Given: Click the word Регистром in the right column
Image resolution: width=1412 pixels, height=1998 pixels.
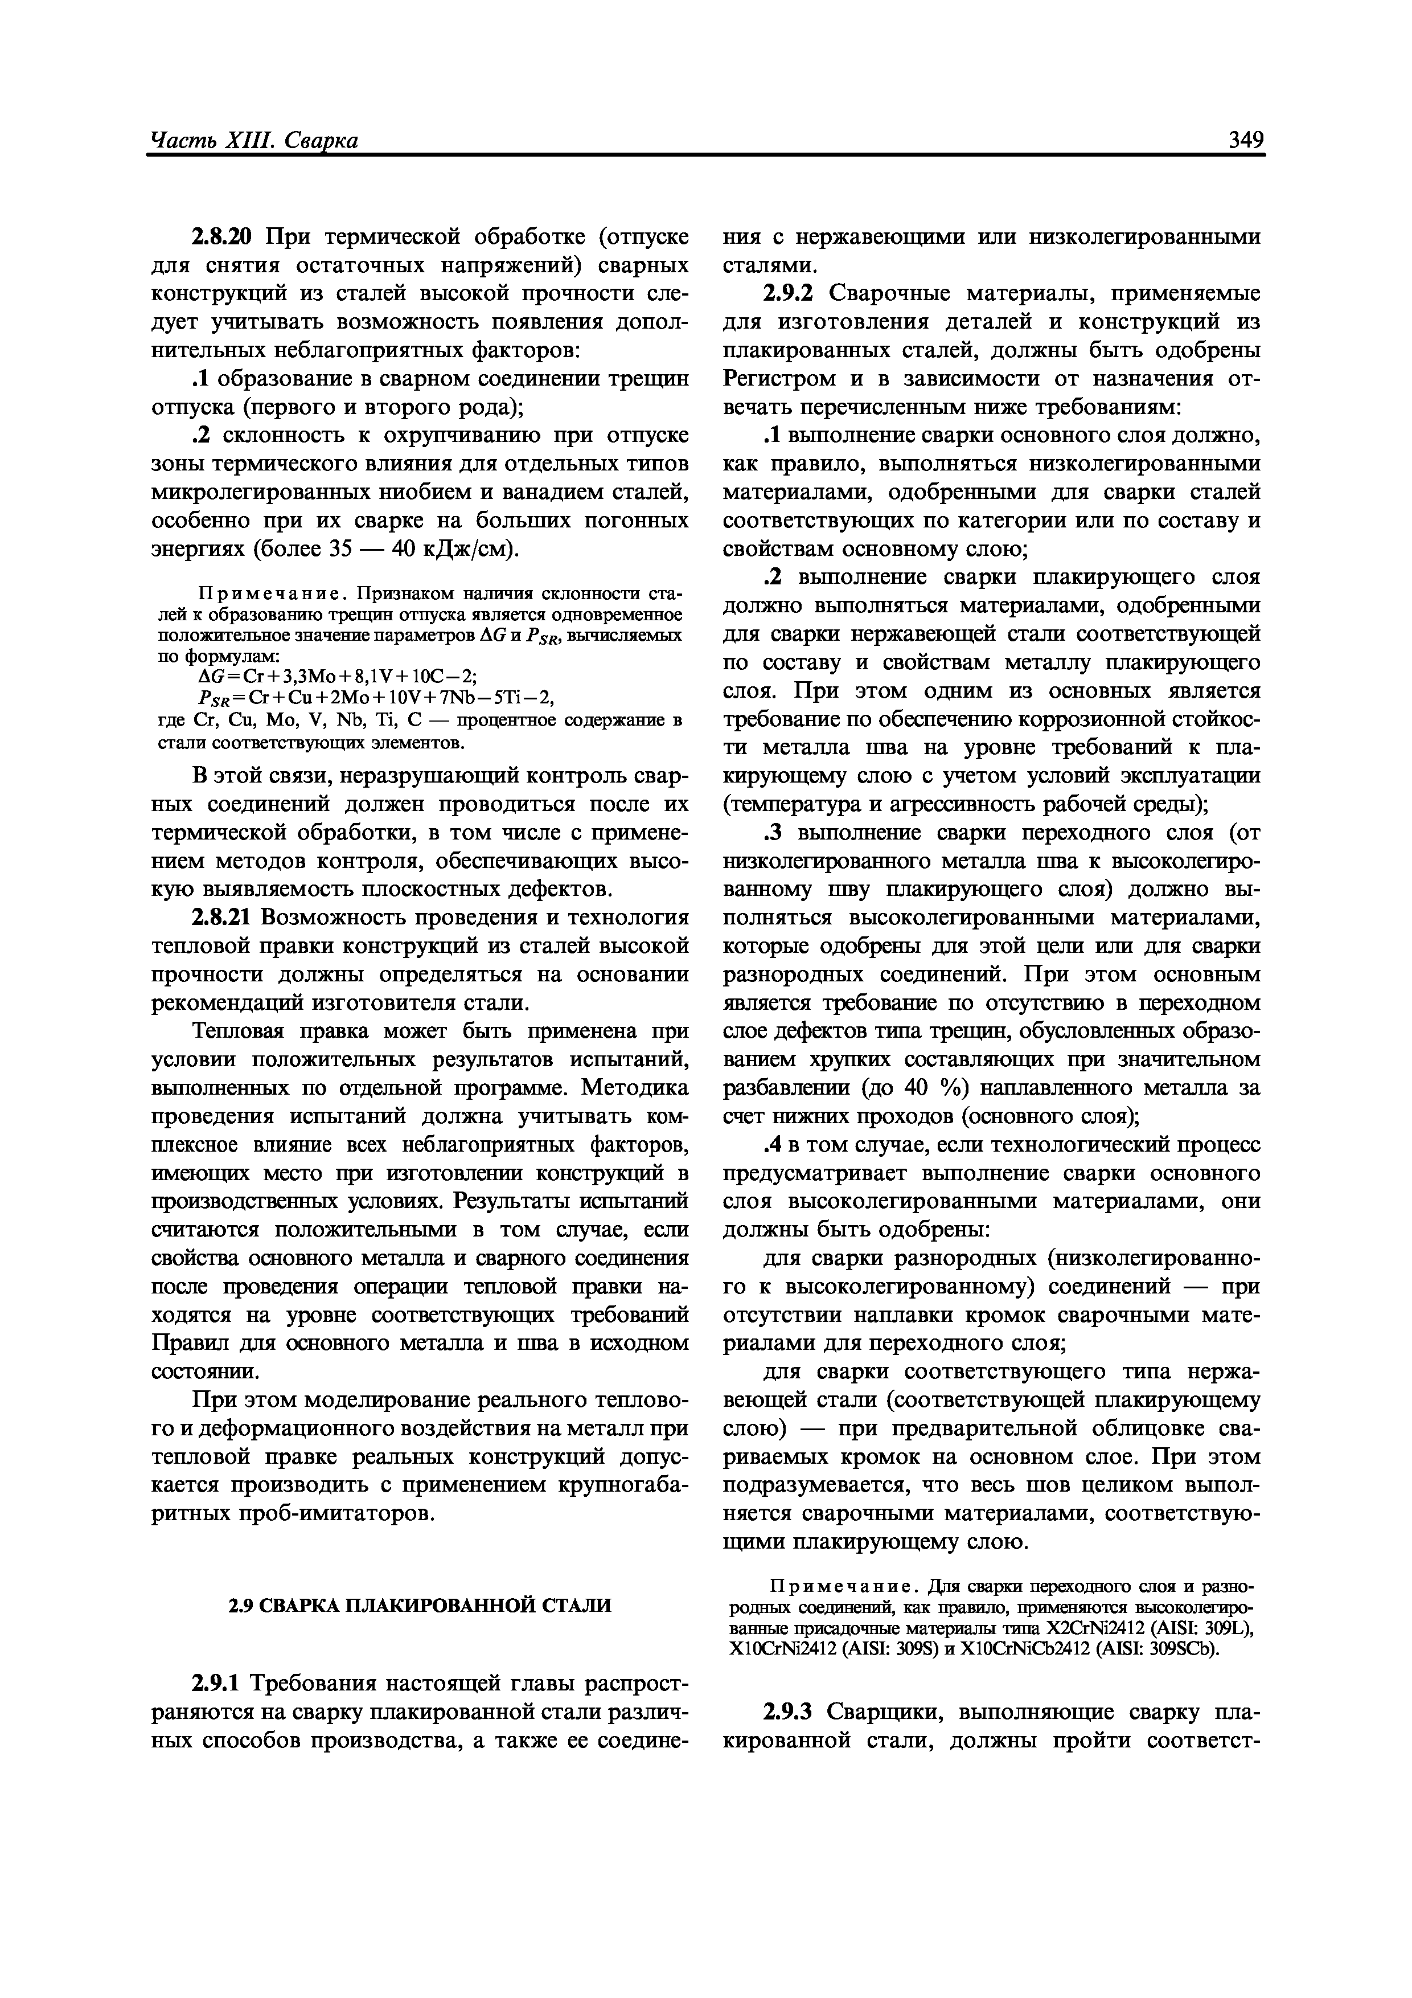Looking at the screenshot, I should pos(779,379).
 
